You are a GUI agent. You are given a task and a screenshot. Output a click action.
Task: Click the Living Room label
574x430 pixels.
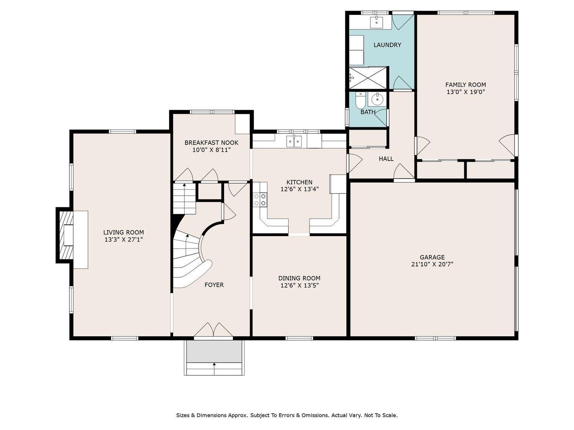click(x=124, y=232)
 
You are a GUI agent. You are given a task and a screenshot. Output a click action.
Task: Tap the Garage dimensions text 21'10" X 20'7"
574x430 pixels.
click(x=432, y=264)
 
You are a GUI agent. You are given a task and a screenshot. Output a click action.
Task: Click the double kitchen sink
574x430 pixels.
click(x=294, y=141)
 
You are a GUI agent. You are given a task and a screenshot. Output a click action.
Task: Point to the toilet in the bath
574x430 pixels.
click(x=360, y=101)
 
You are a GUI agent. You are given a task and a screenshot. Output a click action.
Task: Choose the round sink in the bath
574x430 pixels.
click(x=377, y=99)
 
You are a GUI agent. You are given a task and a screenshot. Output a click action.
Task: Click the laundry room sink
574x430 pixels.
click(x=377, y=22)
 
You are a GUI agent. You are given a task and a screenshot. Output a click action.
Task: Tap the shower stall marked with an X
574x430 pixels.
click(x=368, y=78)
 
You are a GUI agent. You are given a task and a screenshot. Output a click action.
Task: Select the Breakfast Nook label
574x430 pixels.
click(x=211, y=143)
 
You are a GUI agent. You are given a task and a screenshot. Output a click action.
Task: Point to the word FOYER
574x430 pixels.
click(x=214, y=285)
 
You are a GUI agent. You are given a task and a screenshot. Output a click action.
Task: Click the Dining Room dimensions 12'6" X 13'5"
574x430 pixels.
click(x=299, y=286)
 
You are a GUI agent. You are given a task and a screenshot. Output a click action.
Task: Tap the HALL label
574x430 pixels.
click(x=386, y=159)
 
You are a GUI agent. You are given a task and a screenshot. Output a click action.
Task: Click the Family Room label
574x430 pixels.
click(x=465, y=85)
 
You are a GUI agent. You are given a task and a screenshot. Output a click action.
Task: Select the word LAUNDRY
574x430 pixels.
click(x=387, y=45)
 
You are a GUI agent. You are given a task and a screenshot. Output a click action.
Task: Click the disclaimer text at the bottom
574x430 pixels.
click(x=287, y=415)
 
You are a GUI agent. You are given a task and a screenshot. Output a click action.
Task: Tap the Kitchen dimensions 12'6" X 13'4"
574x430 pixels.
click(x=299, y=189)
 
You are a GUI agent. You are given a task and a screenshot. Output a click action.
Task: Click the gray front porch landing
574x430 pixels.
click(x=214, y=351)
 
